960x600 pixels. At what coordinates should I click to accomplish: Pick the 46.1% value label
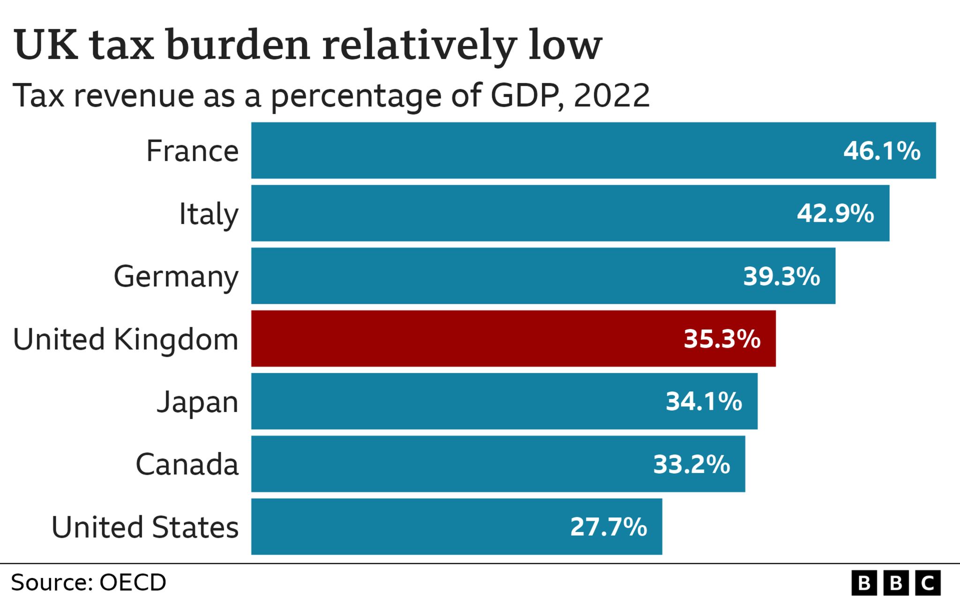(x=882, y=151)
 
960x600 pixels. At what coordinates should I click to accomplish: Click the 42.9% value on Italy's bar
(x=835, y=213)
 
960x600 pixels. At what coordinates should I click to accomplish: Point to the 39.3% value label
(x=781, y=276)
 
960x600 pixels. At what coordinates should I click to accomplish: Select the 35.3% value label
(x=722, y=339)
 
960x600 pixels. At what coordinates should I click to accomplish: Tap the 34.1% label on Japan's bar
(x=704, y=402)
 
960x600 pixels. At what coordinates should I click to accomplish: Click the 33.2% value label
(x=691, y=465)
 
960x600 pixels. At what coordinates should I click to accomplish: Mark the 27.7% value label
(x=608, y=527)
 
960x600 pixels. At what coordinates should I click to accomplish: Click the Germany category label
(x=176, y=277)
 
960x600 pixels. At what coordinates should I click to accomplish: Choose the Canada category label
(x=187, y=465)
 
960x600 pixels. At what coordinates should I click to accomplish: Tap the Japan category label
(x=197, y=402)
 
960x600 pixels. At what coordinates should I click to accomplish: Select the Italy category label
(x=209, y=214)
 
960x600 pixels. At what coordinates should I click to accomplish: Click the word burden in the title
(x=238, y=45)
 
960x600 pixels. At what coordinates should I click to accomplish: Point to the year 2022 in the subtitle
(x=611, y=96)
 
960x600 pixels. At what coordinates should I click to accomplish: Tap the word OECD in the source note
(x=133, y=583)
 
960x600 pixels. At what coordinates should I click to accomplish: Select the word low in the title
(x=565, y=45)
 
